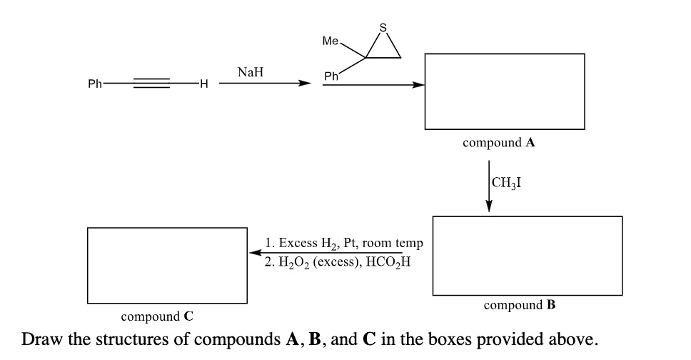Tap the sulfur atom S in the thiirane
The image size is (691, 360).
pyautogui.click(x=383, y=28)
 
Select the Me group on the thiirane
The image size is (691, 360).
pyautogui.click(x=331, y=41)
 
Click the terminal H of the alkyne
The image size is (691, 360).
pyautogui.click(x=203, y=84)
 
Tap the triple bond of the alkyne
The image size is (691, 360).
pyautogui.click(x=151, y=84)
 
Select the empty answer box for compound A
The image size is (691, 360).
pyautogui.click(x=504, y=91)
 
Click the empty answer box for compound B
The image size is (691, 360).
pyautogui.click(x=527, y=256)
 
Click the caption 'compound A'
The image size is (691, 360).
pyautogui.click(x=499, y=142)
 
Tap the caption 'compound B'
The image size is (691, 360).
pyautogui.click(x=520, y=305)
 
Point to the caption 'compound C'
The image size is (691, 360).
pyautogui.click(x=157, y=316)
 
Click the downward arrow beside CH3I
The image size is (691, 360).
pyautogui.click(x=489, y=186)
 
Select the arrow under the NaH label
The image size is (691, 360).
pyautogui.click(x=265, y=84)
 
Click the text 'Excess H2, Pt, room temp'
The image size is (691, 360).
pyautogui.click(x=343, y=244)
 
